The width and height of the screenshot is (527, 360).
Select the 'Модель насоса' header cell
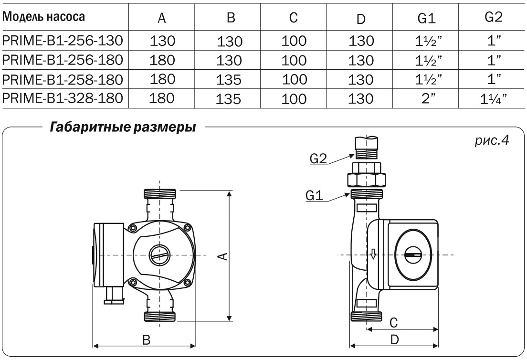44,18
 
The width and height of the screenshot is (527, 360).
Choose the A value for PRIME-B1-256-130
163,42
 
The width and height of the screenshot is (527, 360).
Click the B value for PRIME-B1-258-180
230,79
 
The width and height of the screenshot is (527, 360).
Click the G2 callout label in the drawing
319,159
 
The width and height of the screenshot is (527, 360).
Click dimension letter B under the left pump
147,339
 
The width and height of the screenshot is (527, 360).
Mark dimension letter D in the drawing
394,339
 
